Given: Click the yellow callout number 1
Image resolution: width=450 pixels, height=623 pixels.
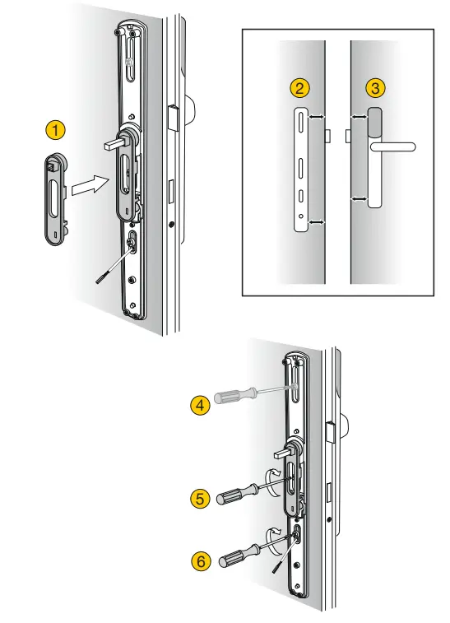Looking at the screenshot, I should coord(55,130).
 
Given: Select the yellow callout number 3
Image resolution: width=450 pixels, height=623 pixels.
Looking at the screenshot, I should coord(375,88).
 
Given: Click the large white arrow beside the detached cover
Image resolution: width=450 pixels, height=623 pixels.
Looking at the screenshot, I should coord(87,185).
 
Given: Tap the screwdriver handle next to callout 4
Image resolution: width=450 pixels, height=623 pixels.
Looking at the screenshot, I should coord(232,397).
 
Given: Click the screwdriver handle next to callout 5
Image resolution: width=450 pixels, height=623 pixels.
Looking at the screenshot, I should coord(234,495).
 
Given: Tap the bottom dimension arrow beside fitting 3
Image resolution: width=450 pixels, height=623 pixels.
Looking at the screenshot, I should coord(357,198).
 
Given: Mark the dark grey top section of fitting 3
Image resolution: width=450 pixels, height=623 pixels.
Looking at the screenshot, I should coord(375,123).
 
